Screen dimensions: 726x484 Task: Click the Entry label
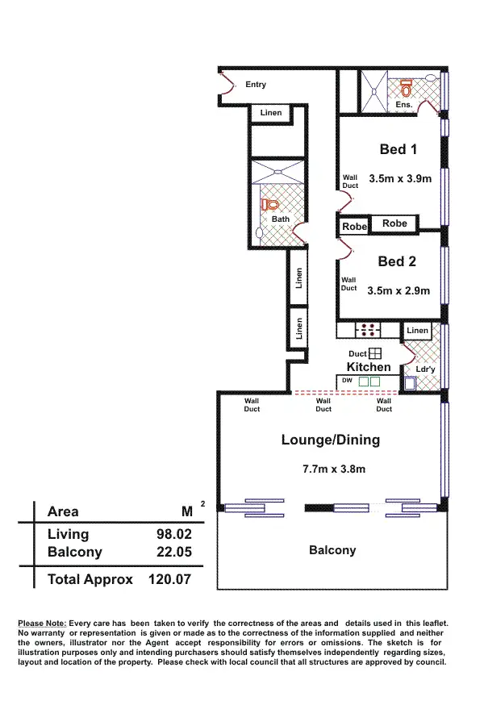[x=256, y=85]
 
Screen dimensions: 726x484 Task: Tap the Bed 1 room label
[x=398, y=149]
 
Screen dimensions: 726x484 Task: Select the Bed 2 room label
[x=397, y=261]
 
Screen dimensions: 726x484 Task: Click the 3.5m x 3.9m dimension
[x=400, y=178]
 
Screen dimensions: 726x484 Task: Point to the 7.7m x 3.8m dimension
[x=334, y=469]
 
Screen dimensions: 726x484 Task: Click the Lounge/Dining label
[x=330, y=440]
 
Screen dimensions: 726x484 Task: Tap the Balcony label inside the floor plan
[x=332, y=550]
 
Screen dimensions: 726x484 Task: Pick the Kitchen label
[x=369, y=367]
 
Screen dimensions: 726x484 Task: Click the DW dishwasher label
[x=347, y=380]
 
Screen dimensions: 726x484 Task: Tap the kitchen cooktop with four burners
[x=369, y=329]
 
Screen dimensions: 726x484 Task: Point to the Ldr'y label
[x=425, y=369]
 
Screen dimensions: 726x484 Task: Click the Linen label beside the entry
[x=271, y=112]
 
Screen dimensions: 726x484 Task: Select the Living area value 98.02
[x=173, y=534]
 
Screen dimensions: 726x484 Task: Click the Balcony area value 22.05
[x=173, y=553]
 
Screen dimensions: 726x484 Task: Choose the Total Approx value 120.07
[x=171, y=579]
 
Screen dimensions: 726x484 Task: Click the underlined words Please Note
[x=42, y=624]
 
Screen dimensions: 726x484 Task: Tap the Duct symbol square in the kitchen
[x=375, y=353]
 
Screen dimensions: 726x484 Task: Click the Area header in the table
[x=63, y=511]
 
